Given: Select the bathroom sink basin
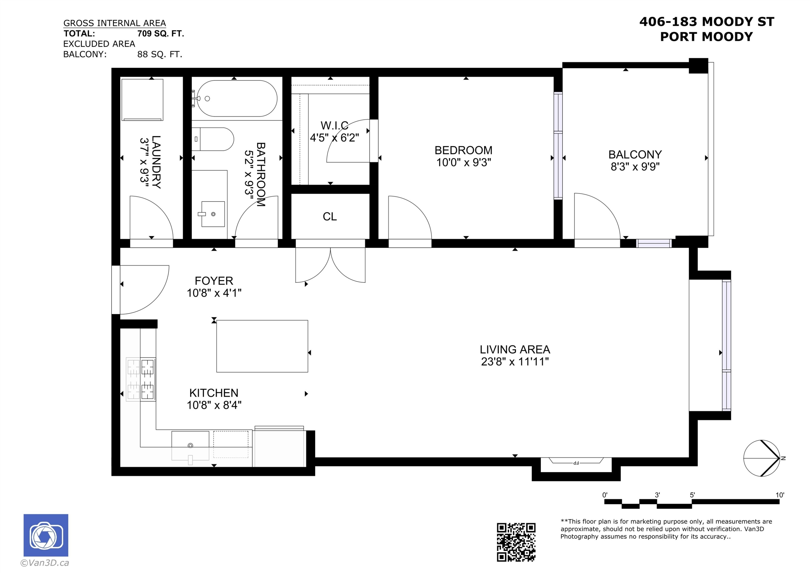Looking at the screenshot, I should tap(213, 214).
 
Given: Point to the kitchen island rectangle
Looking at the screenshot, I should tap(262, 346).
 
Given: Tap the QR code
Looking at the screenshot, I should tap(516, 542).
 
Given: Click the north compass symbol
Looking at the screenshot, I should tap(762, 458).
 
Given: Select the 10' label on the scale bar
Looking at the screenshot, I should tap(779, 495).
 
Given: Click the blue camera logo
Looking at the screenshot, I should tap(46, 535).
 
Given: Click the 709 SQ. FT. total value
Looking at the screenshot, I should tap(161, 33).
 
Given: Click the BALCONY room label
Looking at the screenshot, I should tap(635, 154).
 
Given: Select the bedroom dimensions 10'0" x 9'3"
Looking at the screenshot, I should tap(464, 162).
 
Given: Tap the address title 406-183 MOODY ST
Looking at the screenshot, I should tap(706, 22).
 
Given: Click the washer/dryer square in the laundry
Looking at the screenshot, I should tap(142, 100).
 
